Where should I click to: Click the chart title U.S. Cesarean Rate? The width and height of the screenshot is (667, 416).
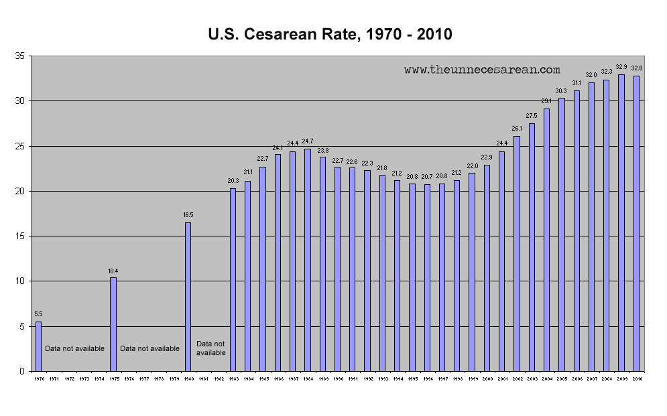330,34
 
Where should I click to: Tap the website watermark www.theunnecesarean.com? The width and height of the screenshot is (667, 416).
481,69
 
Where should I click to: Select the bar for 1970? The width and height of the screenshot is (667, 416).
38,346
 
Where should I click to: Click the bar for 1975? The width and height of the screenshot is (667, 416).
113,324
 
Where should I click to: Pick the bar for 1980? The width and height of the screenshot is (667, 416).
188,297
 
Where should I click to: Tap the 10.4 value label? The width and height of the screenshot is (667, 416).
113,271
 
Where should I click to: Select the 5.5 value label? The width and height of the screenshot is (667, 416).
38,315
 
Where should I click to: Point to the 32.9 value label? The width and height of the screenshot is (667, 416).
621,67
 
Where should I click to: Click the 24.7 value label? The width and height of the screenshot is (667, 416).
308,141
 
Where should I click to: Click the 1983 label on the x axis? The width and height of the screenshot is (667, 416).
233,379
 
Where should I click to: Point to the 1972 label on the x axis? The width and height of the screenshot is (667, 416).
68,379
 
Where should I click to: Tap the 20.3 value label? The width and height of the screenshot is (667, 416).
233,181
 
